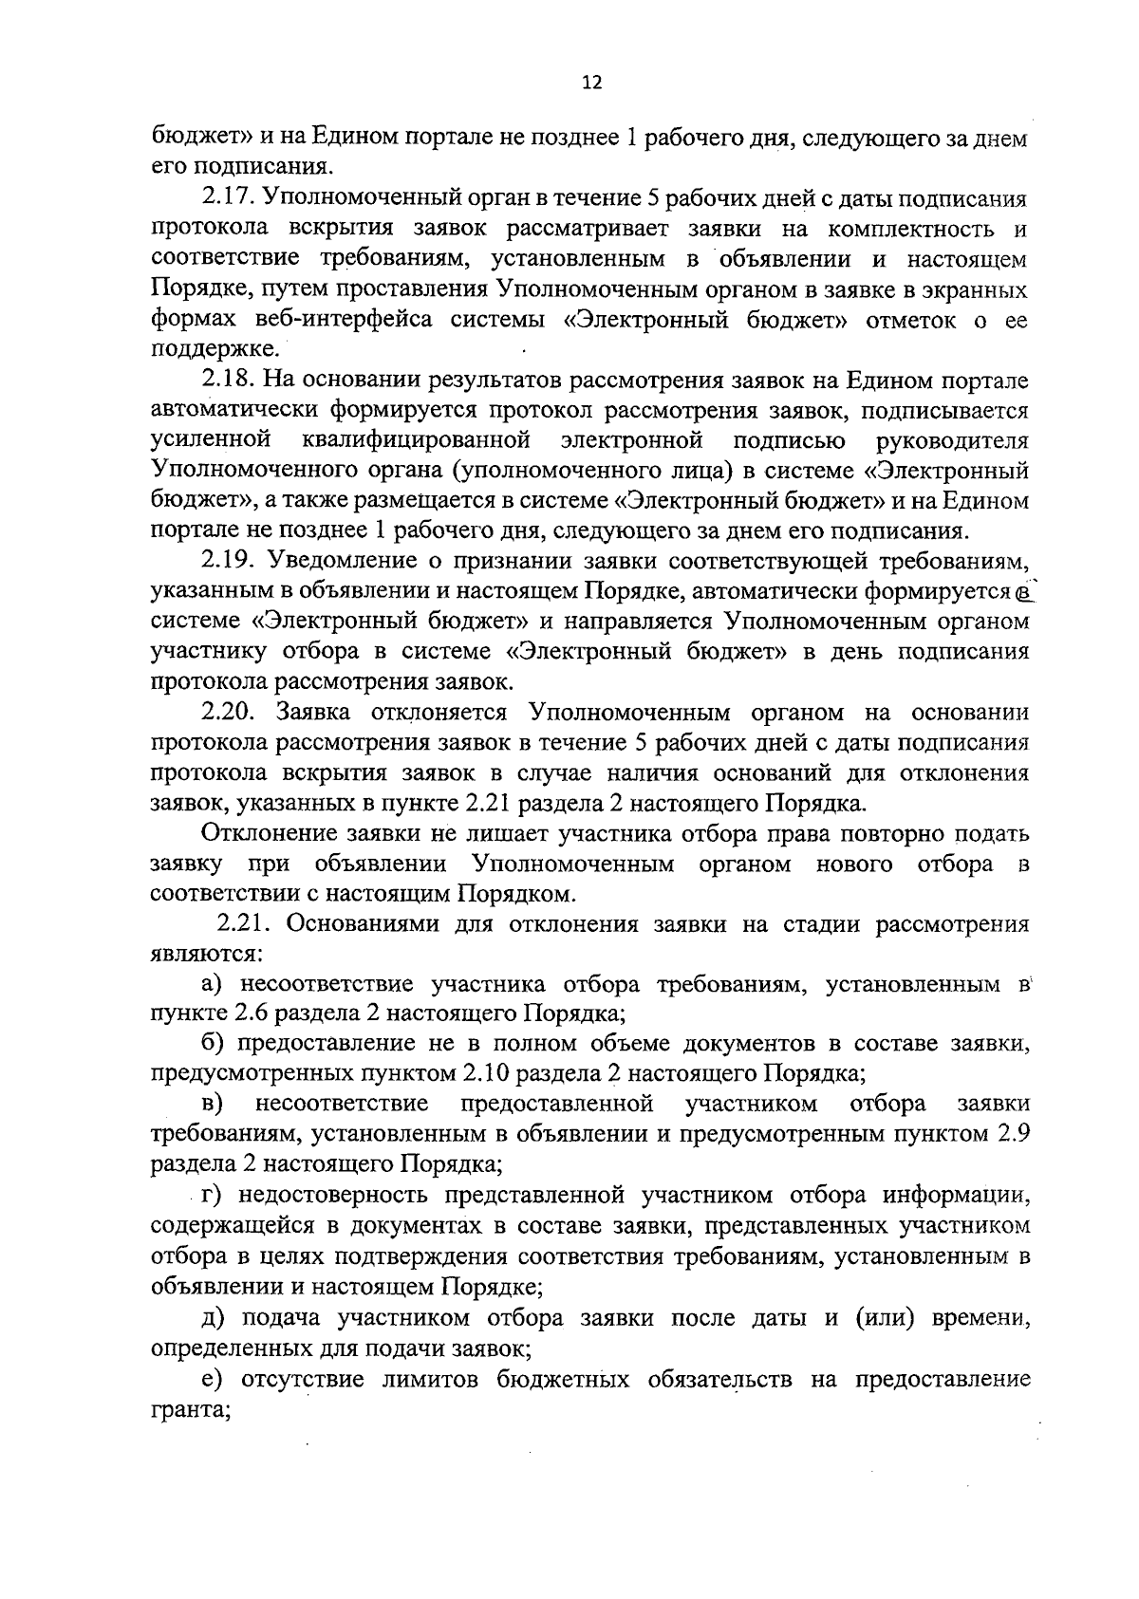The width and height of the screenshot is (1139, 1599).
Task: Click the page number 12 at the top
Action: (x=591, y=83)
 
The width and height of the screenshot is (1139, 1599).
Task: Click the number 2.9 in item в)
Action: (x=1012, y=1134)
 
